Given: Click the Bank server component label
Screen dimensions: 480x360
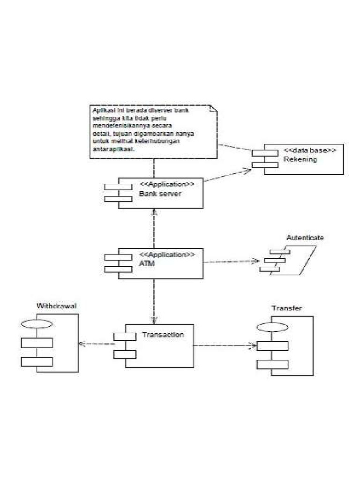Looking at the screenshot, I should [x=159, y=194].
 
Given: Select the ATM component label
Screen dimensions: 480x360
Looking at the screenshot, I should [x=147, y=264].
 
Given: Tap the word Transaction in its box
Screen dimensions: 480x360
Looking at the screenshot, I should [x=163, y=335].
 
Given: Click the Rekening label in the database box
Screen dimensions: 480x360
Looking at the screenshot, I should [x=300, y=159].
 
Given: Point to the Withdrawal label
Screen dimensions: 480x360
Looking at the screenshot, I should [x=56, y=306].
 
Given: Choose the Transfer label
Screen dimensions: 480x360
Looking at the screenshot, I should [x=286, y=308].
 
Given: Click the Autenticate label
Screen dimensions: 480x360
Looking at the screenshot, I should [x=305, y=238].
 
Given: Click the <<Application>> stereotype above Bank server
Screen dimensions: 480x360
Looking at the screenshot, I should [x=167, y=184].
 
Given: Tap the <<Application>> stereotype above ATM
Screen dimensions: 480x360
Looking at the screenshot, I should [x=167, y=255].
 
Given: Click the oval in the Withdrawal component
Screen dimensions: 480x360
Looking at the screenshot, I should [x=37, y=323].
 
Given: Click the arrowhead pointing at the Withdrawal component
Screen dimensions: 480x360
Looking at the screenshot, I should [x=81, y=344].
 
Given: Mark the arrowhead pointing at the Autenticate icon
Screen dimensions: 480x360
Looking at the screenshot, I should [x=256, y=261].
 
